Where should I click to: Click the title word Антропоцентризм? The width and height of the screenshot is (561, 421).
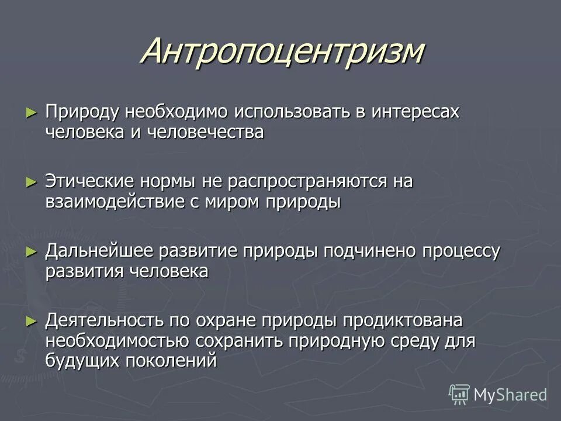click(x=282, y=53)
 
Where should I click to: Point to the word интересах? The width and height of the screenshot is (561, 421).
click(x=412, y=112)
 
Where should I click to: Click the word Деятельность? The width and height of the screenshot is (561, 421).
click(x=103, y=320)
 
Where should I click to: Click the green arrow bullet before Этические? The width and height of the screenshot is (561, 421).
click(x=31, y=182)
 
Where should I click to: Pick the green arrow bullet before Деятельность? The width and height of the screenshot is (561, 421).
click(x=31, y=320)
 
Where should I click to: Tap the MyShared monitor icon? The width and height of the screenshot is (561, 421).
click(x=459, y=394)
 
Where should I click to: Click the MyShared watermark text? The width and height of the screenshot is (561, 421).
click(x=510, y=395)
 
